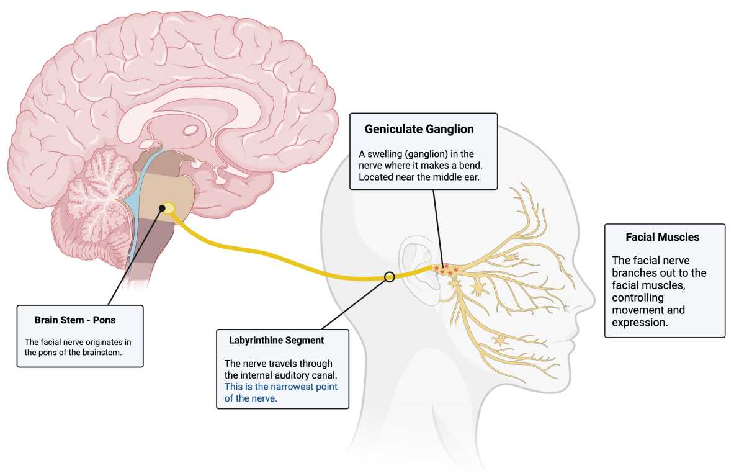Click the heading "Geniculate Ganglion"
pos(419,129)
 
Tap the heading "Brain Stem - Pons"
pos(75,320)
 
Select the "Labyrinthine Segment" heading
pos(276,340)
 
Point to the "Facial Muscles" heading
pos(663,237)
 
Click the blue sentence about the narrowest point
pos(281,392)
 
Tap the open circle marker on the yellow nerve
pos(390,277)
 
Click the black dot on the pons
pos(162,208)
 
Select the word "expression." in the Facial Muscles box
pos(640,323)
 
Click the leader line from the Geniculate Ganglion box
pos(438,228)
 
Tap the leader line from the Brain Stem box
pos(135,257)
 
